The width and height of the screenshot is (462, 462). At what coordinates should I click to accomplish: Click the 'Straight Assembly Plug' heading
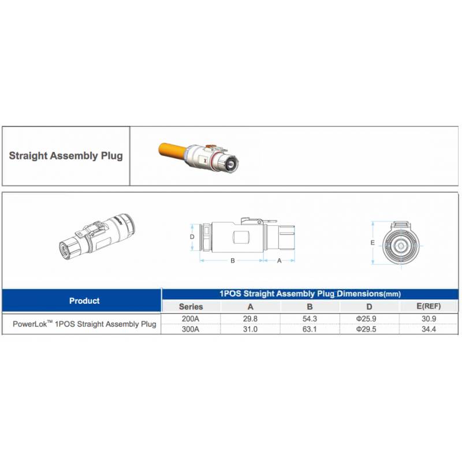(x=66, y=155)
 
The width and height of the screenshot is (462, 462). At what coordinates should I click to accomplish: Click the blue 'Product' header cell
(x=84, y=301)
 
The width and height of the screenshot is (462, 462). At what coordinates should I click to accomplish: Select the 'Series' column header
(x=191, y=307)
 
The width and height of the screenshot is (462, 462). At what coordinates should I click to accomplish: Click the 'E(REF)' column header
(x=429, y=307)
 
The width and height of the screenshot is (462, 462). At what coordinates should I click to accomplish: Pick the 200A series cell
(x=191, y=319)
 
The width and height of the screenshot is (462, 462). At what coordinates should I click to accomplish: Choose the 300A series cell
(x=191, y=329)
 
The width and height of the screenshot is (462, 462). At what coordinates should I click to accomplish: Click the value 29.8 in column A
(x=250, y=319)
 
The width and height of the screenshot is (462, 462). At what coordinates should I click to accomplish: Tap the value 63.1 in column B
(x=310, y=329)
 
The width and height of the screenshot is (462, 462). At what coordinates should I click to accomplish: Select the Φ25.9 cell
(x=366, y=319)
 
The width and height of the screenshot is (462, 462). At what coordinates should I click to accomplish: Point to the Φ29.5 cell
(x=366, y=329)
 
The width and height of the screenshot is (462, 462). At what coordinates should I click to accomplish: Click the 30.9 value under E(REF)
(x=429, y=319)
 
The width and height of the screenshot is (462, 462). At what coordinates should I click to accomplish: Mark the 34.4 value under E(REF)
(x=429, y=329)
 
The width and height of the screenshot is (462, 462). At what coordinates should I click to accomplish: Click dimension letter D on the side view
(x=192, y=237)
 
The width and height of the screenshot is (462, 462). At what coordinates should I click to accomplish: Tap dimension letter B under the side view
(x=233, y=260)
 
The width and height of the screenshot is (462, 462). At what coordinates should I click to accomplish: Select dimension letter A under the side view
(x=280, y=260)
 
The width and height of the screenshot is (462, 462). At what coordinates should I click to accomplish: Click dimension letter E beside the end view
(x=372, y=243)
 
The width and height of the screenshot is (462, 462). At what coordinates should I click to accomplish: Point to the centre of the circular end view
(x=401, y=245)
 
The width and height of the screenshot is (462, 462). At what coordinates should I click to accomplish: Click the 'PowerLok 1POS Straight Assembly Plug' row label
(x=84, y=324)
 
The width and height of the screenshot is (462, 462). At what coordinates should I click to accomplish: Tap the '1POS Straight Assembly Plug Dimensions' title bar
(x=310, y=293)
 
